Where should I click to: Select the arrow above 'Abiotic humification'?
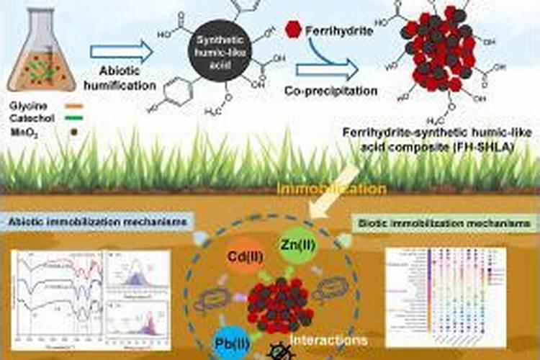pos(122,51)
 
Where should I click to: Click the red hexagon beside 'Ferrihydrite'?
pos(292,30)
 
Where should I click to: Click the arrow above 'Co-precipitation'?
pos(328,69)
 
